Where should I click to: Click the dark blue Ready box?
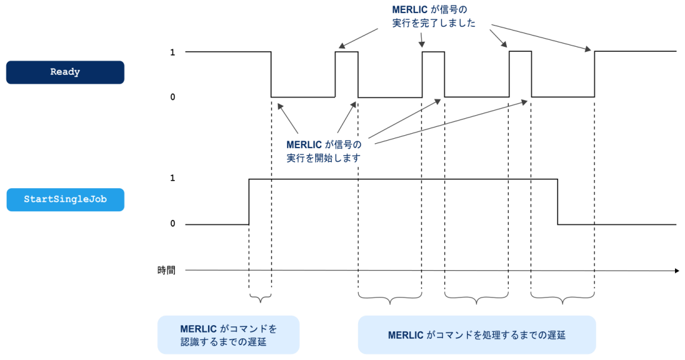click(65, 72)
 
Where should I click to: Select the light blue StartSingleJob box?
click(65, 200)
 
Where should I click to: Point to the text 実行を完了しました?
click(434, 23)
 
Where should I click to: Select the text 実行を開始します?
click(323, 158)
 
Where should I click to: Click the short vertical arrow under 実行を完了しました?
click(422, 39)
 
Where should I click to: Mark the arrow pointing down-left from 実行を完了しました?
click(358, 38)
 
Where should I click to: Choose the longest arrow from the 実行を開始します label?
click(451, 121)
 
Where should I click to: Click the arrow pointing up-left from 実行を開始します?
click(288, 118)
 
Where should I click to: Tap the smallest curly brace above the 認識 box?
click(260, 298)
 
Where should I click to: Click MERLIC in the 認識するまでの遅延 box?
click(198, 329)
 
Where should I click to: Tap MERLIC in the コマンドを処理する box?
click(406, 335)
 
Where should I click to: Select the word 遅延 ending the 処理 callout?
click(555, 335)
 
